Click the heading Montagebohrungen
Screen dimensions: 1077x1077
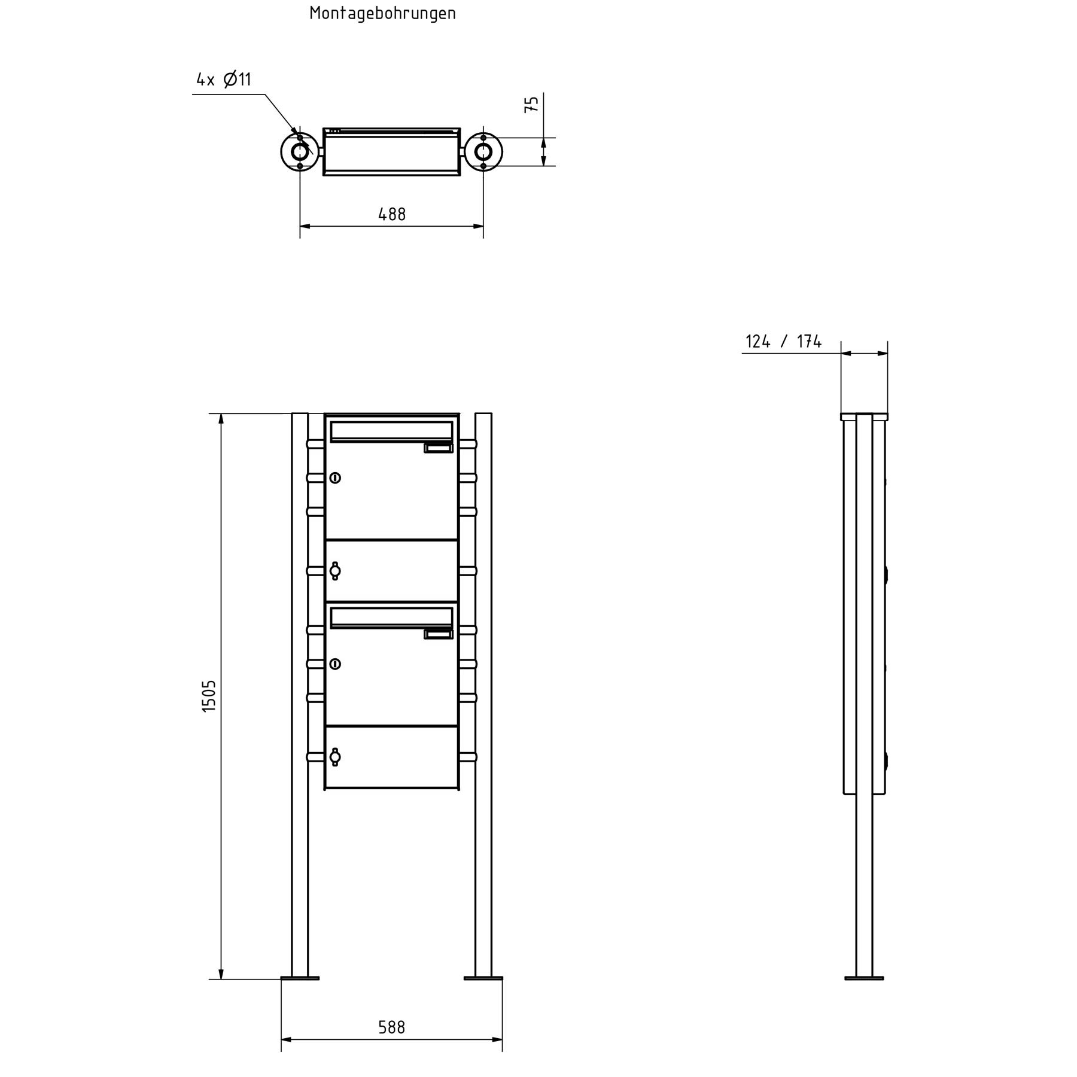[382, 13]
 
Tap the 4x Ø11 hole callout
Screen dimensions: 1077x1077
[224, 79]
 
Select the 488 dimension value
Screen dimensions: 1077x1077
[392, 214]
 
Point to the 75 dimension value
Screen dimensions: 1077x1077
[531, 104]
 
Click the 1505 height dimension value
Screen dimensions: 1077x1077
[208, 696]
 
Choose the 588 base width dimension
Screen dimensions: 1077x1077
[392, 1027]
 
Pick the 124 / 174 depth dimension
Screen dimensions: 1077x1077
[783, 342]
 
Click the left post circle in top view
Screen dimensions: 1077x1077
[300, 152]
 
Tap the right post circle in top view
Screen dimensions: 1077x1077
[483, 152]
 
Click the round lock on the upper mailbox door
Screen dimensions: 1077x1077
[335, 477]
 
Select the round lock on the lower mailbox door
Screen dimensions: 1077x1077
[335, 664]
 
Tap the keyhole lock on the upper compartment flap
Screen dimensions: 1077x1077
[335, 571]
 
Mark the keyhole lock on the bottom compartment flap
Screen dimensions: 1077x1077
[335, 757]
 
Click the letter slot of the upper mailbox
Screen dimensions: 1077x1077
[391, 431]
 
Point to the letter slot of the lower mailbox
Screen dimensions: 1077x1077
[391, 617]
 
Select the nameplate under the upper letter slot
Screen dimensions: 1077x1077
[438, 448]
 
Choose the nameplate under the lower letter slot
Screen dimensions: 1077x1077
[438, 634]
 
